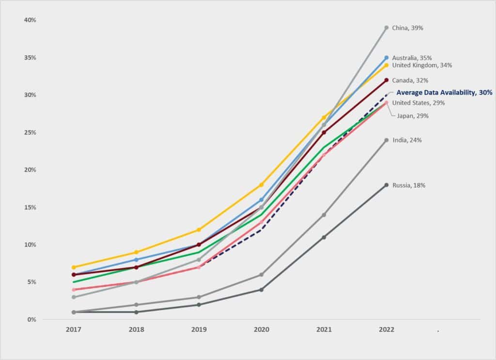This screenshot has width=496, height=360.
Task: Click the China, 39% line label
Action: [x=407, y=28]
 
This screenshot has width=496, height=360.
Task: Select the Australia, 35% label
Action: [x=412, y=58]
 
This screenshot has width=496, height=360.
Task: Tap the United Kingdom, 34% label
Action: [x=422, y=65]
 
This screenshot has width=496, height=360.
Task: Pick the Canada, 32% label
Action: [x=410, y=80]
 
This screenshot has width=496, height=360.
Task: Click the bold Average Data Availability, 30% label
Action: [x=444, y=93]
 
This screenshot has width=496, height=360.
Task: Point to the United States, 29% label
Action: [x=418, y=103]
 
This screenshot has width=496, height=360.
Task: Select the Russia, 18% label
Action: [x=409, y=185]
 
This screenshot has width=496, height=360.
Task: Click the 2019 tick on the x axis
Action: [x=199, y=329]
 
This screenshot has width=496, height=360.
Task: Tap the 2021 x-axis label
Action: [x=324, y=329]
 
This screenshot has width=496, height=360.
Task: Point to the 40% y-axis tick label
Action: [x=30, y=20]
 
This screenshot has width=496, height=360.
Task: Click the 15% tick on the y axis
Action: [x=30, y=207]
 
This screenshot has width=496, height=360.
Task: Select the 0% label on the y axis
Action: [x=31, y=320]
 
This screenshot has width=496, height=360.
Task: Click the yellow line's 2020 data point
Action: [x=262, y=185]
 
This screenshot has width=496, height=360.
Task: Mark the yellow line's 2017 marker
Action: [x=74, y=267]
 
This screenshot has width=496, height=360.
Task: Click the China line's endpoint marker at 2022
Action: [x=387, y=28]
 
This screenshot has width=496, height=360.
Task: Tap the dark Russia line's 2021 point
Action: [x=324, y=237]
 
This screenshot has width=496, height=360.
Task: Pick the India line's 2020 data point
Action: [x=262, y=275]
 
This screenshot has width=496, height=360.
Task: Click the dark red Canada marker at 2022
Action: [x=387, y=80]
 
